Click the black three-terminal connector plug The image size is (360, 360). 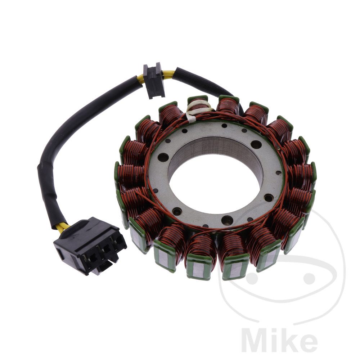pos(90,245)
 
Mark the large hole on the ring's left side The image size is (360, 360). pos(163,157)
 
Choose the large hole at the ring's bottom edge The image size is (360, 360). pos(226,220)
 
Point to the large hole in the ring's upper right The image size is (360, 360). pos(256,144)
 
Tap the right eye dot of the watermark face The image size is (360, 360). pos(309,278)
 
